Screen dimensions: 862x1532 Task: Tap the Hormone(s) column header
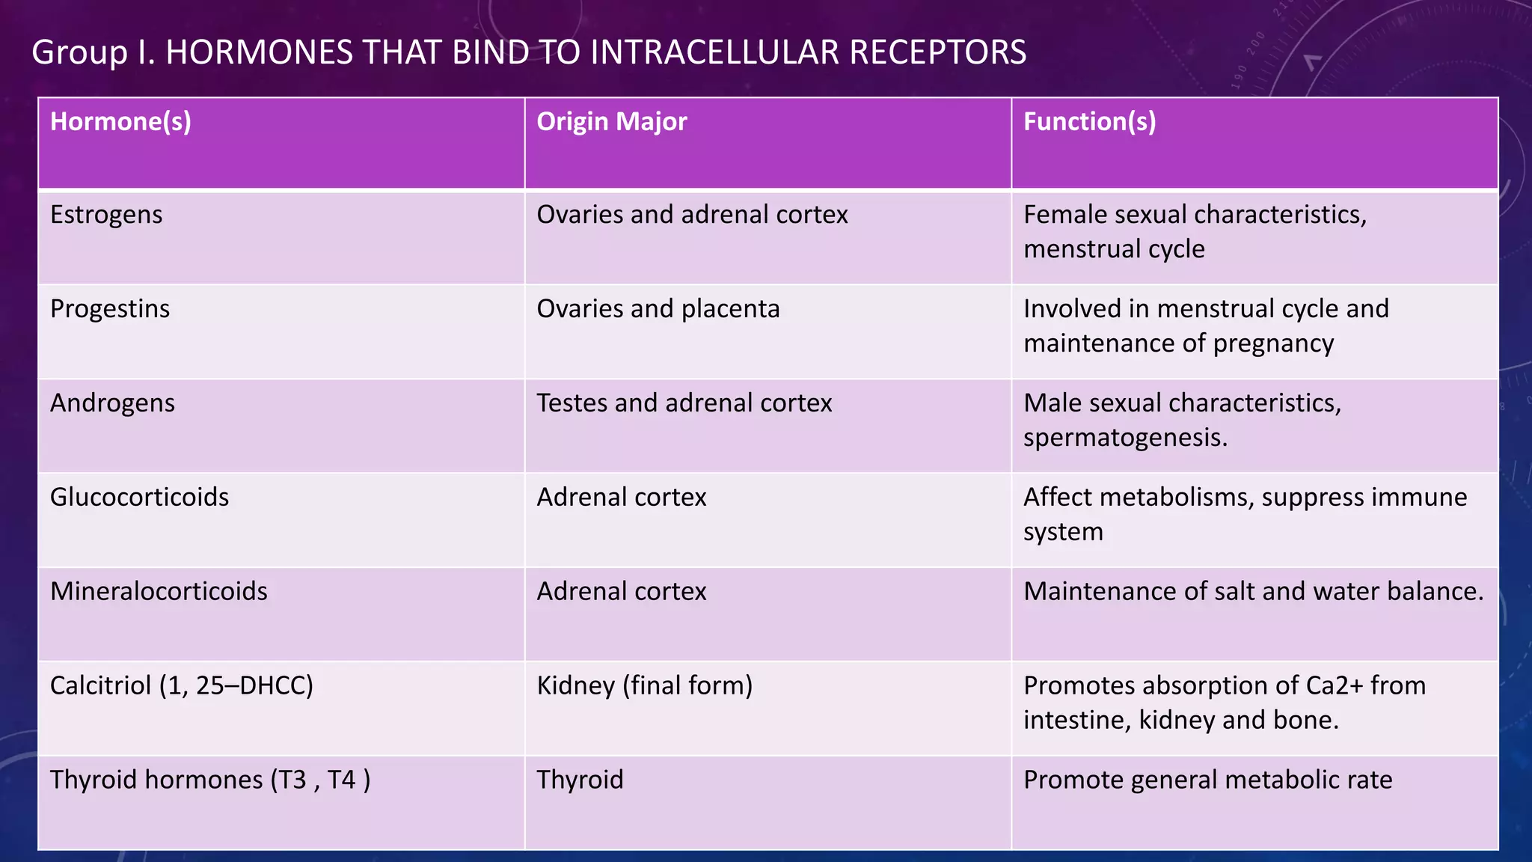[x=120, y=122]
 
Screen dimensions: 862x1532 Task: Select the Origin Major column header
[x=611, y=122]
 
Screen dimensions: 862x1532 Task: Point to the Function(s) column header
[x=1089, y=122]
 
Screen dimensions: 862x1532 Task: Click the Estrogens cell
[x=106, y=215]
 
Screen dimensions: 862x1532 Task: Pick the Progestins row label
[x=110, y=309]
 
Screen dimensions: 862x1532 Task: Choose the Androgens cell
[x=112, y=403]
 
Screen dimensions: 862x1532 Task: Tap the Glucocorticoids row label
[x=139, y=498]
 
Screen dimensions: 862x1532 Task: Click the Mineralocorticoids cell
[x=159, y=592]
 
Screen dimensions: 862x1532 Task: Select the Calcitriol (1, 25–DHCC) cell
[x=182, y=686]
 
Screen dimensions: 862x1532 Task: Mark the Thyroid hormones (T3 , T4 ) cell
[x=210, y=780]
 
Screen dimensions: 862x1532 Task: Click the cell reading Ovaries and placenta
[x=658, y=309]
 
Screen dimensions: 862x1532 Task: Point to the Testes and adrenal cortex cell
[x=684, y=403]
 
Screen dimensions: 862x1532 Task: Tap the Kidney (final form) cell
[x=645, y=686]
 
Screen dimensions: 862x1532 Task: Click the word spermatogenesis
[x=1125, y=438]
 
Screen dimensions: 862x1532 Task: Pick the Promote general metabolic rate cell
[x=1207, y=780]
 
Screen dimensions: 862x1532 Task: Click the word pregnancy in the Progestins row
[x=1273, y=343]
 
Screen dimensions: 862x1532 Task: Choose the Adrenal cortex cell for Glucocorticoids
[x=622, y=498]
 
